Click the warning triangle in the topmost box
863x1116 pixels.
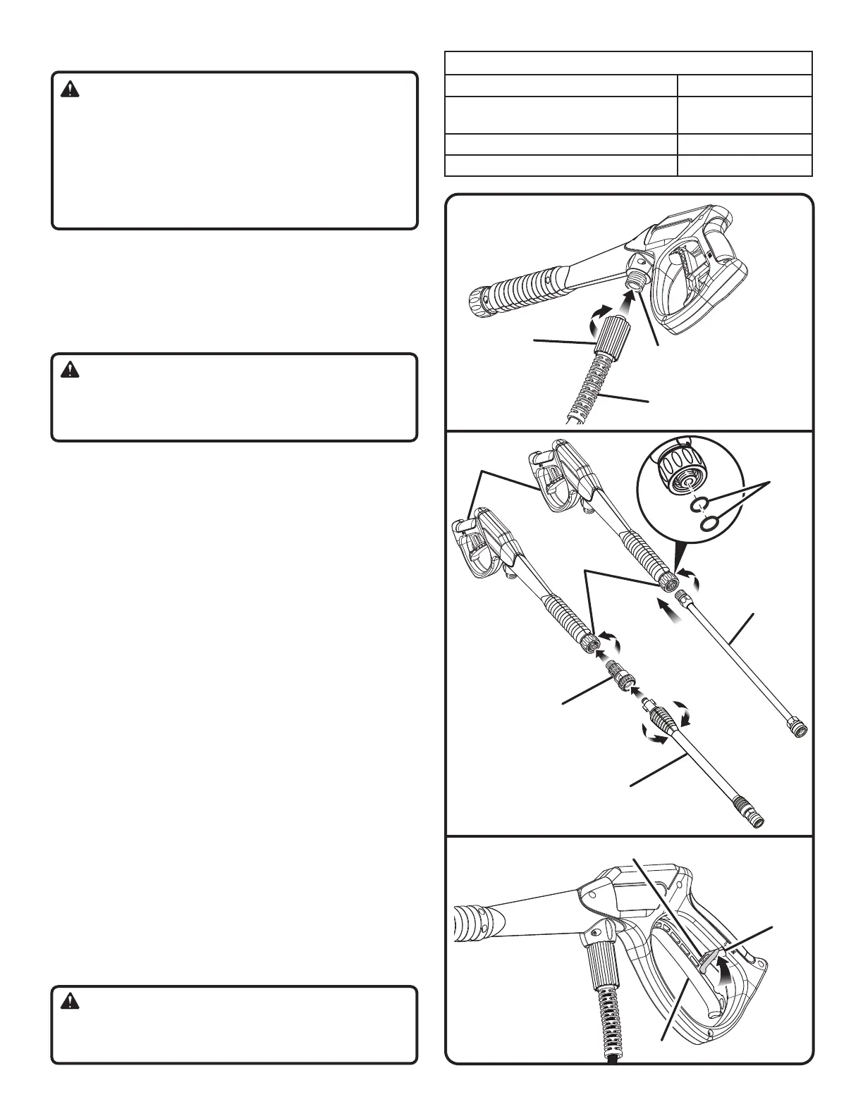(69, 89)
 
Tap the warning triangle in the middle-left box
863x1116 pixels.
(69, 370)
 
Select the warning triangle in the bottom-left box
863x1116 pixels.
(69, 1000)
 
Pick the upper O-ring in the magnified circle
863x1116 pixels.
(697, 504)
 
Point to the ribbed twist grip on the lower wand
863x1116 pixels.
(666, 722)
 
